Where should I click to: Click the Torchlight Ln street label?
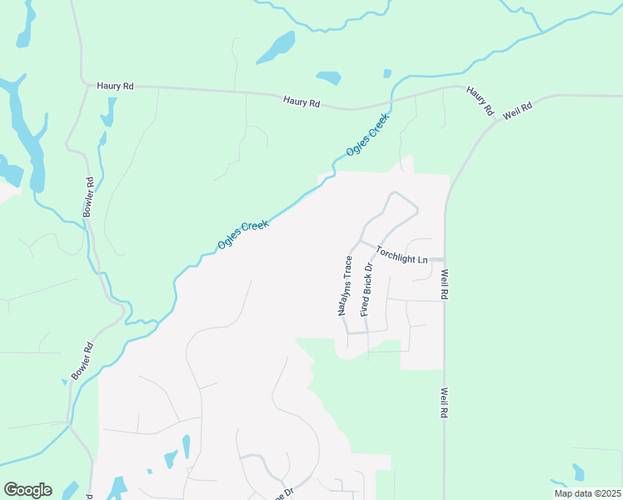(x=401, y=255)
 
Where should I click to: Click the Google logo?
(x=27, y=490)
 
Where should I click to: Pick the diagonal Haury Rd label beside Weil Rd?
(x=481, y=100)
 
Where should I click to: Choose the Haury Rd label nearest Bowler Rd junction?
(x=115, y=85)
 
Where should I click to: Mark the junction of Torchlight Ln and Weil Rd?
(x=444, y=259)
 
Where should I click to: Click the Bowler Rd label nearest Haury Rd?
(x=88, y=198)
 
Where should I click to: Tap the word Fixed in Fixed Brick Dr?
(x=363, y=307)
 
